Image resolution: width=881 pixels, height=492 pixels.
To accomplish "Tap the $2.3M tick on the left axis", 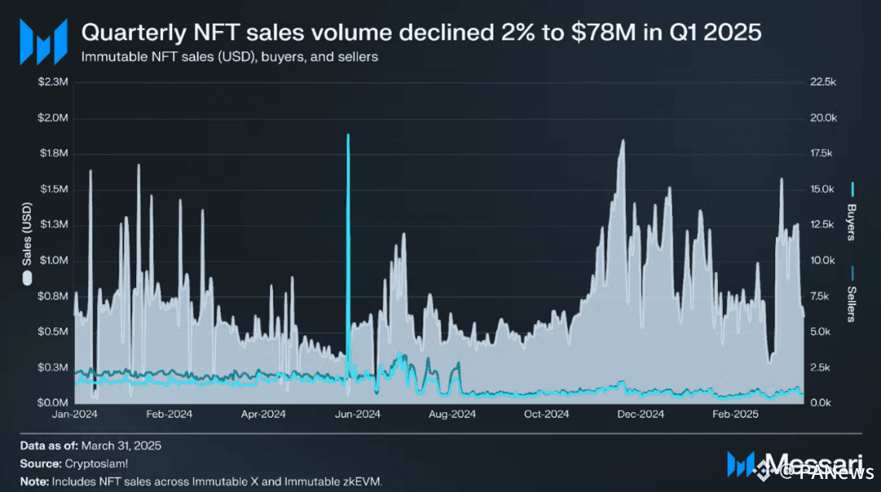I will (x=55, y=82).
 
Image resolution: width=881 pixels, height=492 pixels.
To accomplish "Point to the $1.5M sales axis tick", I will (x=55, y=189).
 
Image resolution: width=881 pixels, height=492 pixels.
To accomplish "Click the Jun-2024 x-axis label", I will (x=356, y=414).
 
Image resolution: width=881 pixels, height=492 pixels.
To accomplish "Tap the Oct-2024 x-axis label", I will (x=545, y=414).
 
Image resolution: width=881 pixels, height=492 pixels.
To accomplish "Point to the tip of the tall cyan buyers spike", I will (x=348, y=135).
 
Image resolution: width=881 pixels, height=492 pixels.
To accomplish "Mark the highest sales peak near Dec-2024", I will (x=623, y=140).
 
